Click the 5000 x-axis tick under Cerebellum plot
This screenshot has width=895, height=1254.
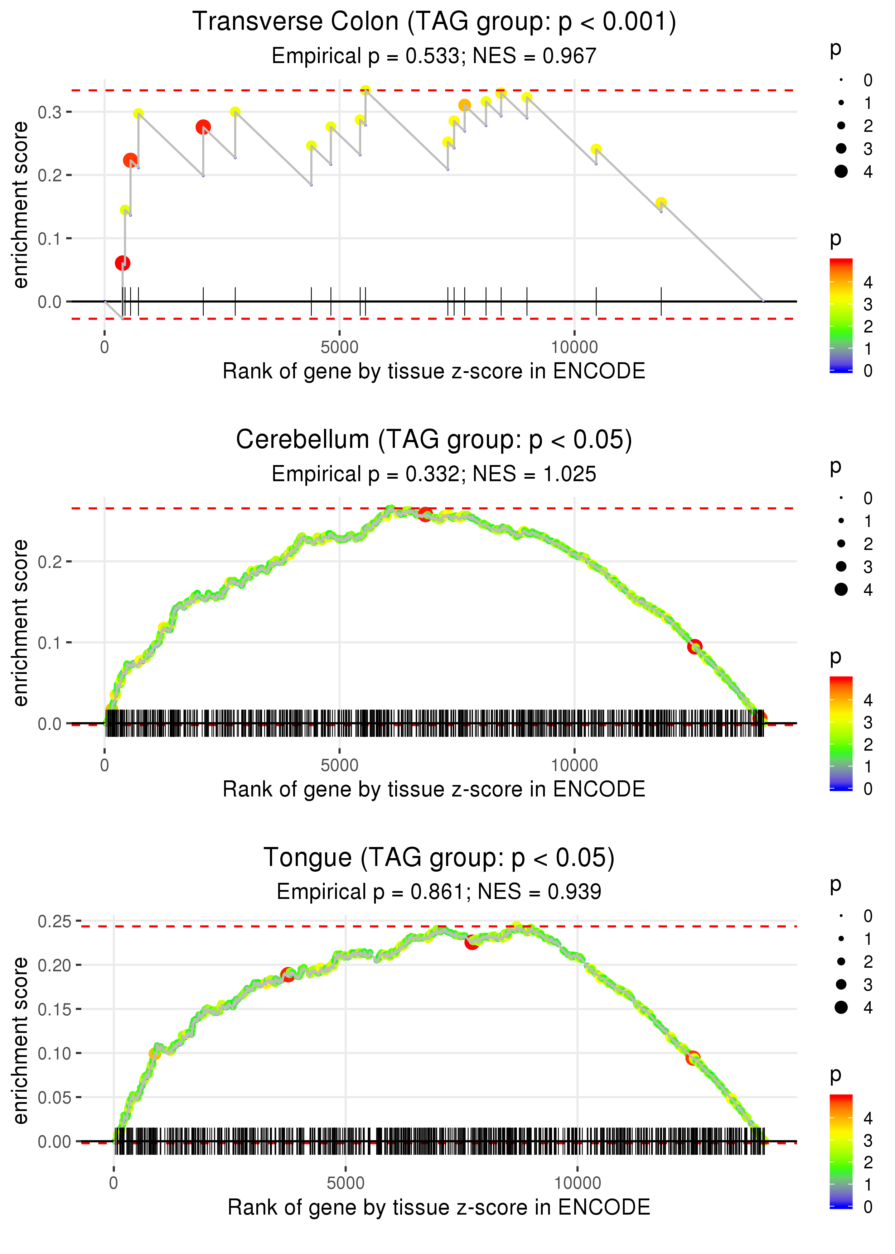coord(339,765)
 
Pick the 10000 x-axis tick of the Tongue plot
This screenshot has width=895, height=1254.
coord(577,1183)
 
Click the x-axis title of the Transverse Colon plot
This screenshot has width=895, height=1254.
coord(434,372)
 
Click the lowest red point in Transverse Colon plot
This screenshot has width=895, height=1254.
coord(122,263)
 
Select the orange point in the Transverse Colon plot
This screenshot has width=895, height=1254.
coord(465,105)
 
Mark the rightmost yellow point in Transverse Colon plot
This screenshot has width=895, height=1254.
coord(661,203)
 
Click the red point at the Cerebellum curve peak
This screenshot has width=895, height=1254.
coord(424,514)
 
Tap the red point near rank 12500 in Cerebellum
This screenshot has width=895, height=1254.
coord(695,646)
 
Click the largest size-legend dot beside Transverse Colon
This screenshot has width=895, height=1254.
coord(841,172)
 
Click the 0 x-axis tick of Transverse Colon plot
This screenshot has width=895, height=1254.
coord(105,348)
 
